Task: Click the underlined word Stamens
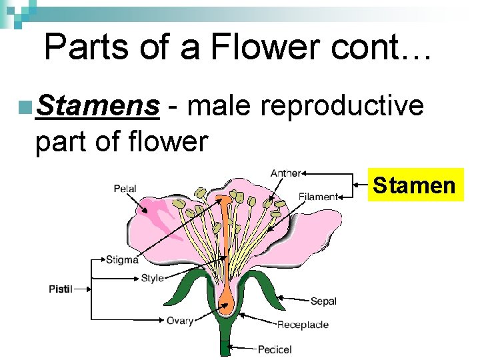[x=99, y=105]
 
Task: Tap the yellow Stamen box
[x=414, y=184]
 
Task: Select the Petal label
[x=125, y=189]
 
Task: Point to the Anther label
[x=285, y=174]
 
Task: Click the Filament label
[x=317, y=197]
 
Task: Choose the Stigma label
[x=123, y=259]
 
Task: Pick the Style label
[x=152, y=278]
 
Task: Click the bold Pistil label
[x=61, y=289]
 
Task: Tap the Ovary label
[x=180, y=321]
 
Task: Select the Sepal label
[x=323, y=301]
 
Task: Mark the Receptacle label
[x=303, y=325]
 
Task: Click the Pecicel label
[x=275, y=349]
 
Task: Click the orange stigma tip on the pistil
[x=226, y=199]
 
